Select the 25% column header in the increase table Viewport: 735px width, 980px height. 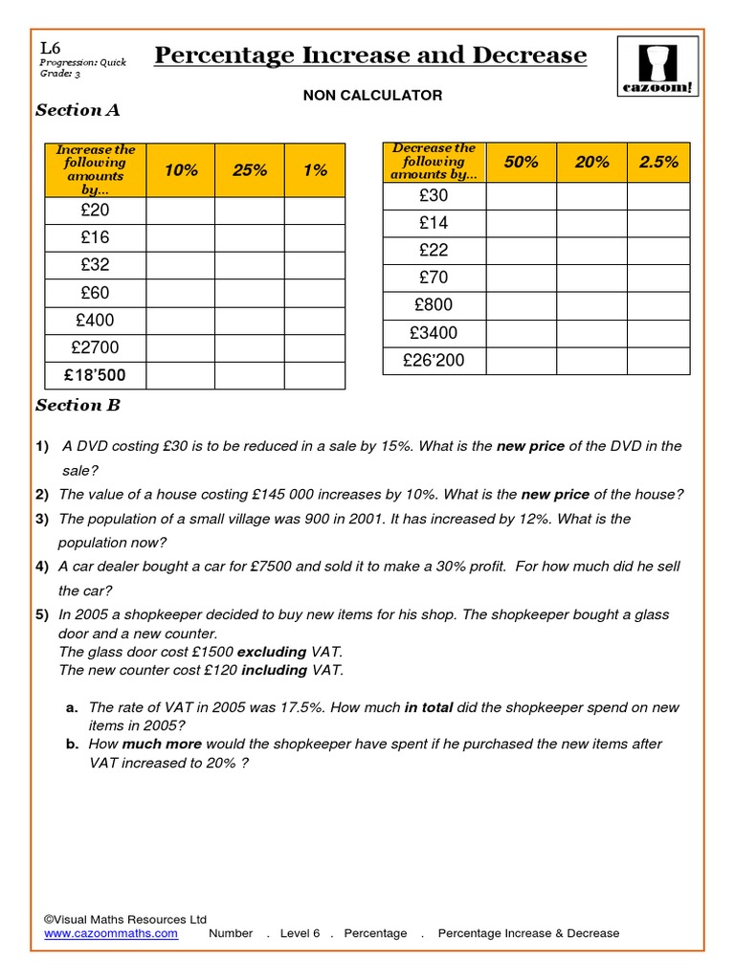tap(250, 170)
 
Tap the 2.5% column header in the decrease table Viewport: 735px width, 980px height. tap(658, 163)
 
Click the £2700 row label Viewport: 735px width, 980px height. tap(95, 347)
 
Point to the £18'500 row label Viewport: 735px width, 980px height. tap(95, 375)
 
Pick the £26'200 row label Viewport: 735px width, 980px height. tap(434, 361)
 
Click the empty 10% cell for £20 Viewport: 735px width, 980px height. tap(180, 210)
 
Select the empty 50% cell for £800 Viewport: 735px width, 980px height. tap(521, 305)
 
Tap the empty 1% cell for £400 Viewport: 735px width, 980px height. tap(315, 320)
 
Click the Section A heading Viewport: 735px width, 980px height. tap(78, 110)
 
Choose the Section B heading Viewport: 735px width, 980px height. tap(78, 405)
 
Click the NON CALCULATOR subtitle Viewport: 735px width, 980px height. tap(373, 95)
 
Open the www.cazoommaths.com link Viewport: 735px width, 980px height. tap(111, 933)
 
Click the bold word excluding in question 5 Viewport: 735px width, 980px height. tap(272, 652)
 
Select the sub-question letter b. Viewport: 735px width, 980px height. tap(72, 744)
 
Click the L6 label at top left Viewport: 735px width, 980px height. tap(51, 48)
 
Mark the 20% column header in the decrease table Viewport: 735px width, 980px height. tap(591, 163)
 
